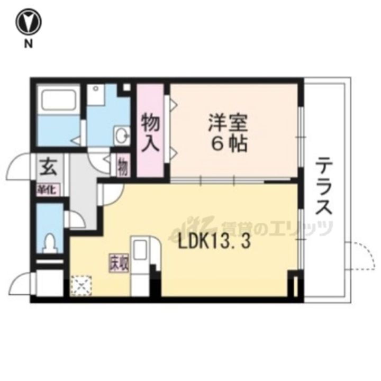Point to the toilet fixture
tap(51, 243)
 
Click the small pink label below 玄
tap(48, 188)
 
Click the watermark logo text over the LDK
tap(275, 228)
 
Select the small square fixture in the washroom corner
tap(126, 88)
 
